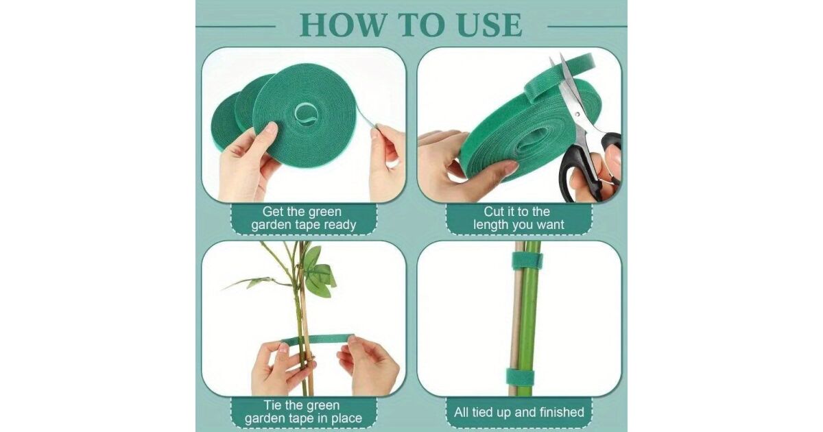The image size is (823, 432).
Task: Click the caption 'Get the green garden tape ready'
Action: (303, 218)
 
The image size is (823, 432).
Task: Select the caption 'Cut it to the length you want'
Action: (518, 218)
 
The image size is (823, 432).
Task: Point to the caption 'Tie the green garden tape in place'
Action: (303, 412)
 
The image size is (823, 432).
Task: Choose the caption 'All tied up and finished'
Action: (518, 412)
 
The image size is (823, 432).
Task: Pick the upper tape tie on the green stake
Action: (527, 261)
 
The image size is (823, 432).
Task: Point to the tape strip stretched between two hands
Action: (317, 339)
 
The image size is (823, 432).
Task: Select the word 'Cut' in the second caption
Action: (492, 212)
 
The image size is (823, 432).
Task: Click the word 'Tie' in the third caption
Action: (273, 405)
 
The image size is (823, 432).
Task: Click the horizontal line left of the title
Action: (235, 27)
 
